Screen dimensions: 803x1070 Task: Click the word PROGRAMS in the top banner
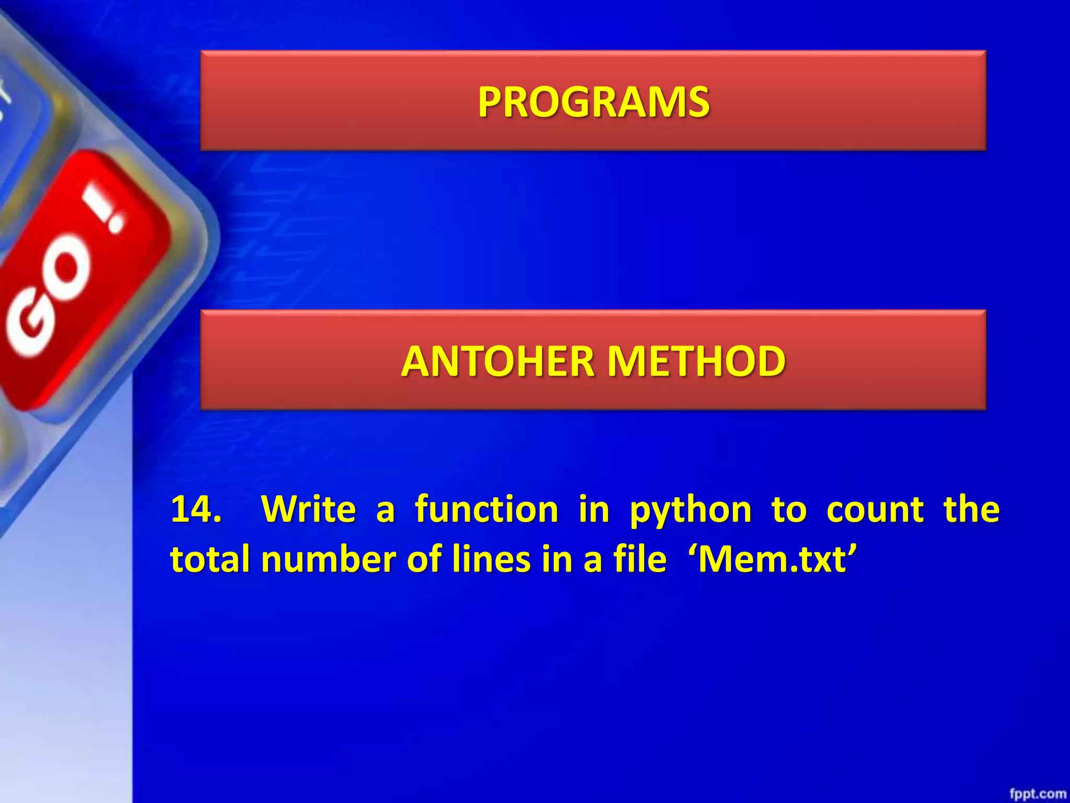[594, 101]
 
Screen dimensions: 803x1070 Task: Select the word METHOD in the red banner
[697, 361]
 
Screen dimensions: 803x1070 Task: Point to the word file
[640, 558]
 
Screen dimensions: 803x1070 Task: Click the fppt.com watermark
[1038, 794]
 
